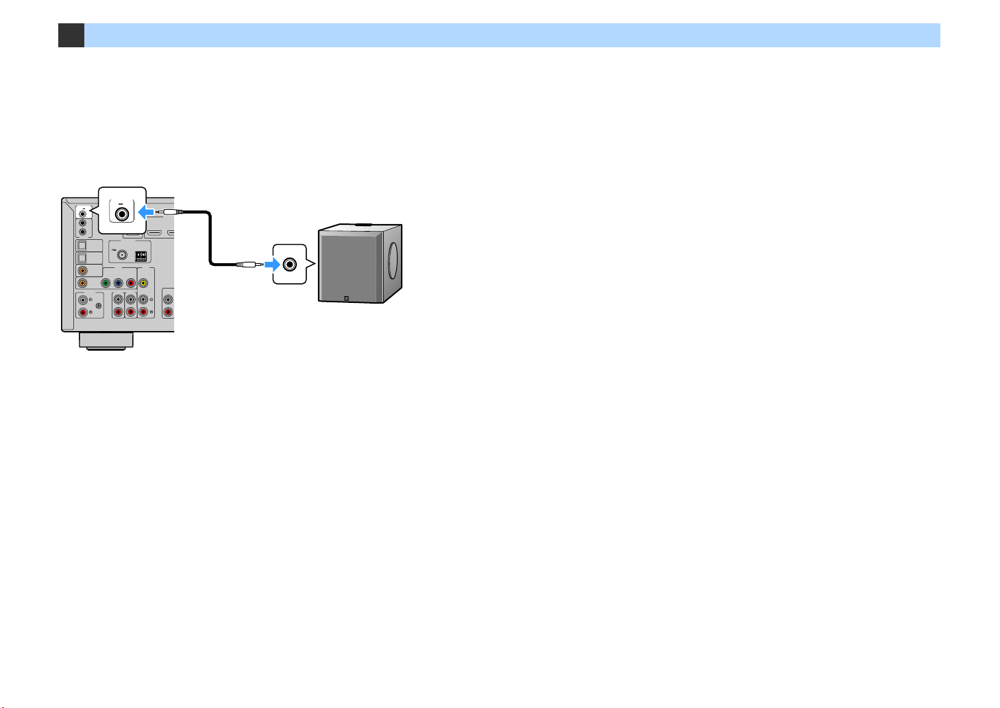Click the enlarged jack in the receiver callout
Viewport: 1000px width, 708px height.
123,214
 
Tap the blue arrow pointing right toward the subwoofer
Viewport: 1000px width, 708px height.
272,263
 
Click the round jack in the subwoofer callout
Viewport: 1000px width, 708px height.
290,264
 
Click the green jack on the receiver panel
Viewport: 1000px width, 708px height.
106,282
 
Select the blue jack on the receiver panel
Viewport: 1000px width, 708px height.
118,282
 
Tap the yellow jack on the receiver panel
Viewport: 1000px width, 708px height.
143,282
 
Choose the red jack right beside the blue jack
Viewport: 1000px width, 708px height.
130,282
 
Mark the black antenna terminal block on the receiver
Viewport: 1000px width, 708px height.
142,254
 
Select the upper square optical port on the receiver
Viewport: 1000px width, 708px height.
82,245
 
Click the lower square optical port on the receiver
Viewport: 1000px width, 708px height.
82,258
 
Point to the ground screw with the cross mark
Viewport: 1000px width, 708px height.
99,306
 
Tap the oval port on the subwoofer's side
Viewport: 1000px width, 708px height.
392,262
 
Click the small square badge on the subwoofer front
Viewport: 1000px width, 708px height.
347,297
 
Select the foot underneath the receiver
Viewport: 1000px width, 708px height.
106,341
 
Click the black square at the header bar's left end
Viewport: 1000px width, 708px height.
71,36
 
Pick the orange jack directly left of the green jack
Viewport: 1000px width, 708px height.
82,282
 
